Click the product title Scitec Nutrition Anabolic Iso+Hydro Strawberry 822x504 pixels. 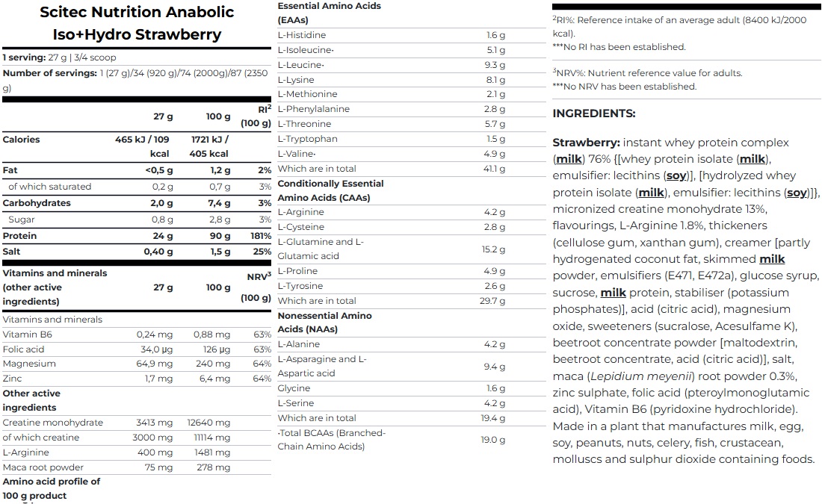(136, 23)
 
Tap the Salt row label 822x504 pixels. (11, 252)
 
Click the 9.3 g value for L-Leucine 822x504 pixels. (495, 65)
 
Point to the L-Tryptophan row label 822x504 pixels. (307, 139)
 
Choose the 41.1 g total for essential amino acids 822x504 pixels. (495, 169)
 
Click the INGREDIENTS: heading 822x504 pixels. (594, 113)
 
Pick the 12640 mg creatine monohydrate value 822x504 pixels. (208, 423)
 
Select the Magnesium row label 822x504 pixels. (29, 364)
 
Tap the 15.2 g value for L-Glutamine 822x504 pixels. (495, 249)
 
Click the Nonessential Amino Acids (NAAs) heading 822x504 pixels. (324, 323)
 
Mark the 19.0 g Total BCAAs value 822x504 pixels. (493, 440)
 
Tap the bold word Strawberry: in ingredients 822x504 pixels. (586, 143)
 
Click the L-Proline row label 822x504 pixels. (297, 271)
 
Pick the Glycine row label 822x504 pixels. (294, 388)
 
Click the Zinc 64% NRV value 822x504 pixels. (262, 379)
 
